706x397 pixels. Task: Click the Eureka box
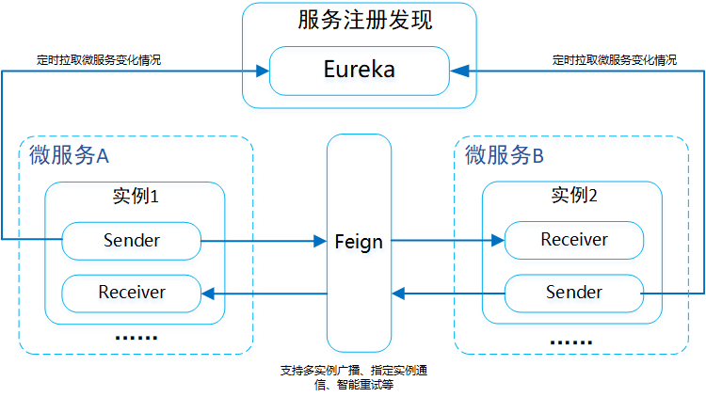coord(359,70)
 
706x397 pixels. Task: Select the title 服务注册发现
coord(358,20)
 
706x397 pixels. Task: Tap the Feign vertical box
coord(359,242)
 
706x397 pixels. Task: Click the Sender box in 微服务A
coord(131,240)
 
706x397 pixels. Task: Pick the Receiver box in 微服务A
coord(131,293)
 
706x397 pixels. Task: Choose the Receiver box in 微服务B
coord(573,240)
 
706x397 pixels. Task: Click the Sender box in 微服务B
coord(573,293)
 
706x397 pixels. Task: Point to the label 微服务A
coord(70,156)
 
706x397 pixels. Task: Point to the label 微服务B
coord(505,156)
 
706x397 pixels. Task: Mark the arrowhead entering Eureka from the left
coord(263,70)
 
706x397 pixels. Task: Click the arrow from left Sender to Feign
coord(264,241)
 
